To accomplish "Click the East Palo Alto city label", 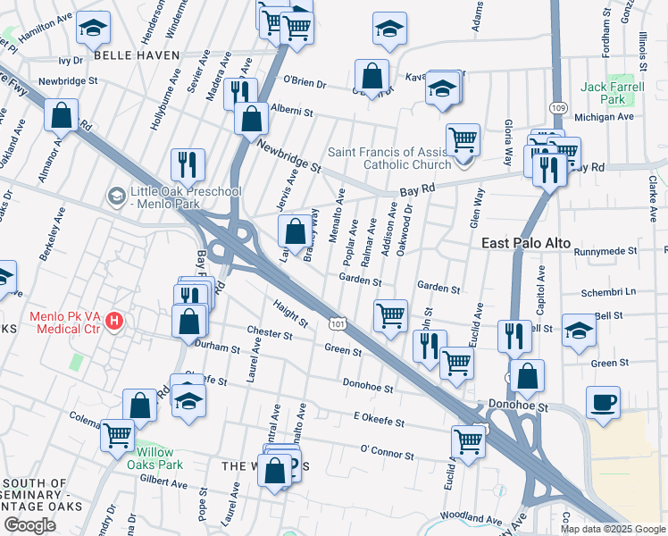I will tap(525, 243).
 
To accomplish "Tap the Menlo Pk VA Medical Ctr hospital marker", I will tap(114, 320).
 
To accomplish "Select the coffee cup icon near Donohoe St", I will tap(603, 401).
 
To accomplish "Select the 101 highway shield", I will tap(337, 318).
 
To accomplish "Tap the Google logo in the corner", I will tap(29, 525).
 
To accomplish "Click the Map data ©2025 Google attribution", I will tap(613, 529).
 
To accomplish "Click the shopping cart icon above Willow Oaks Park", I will tap(117, 435).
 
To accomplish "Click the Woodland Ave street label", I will tap(472, 518).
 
